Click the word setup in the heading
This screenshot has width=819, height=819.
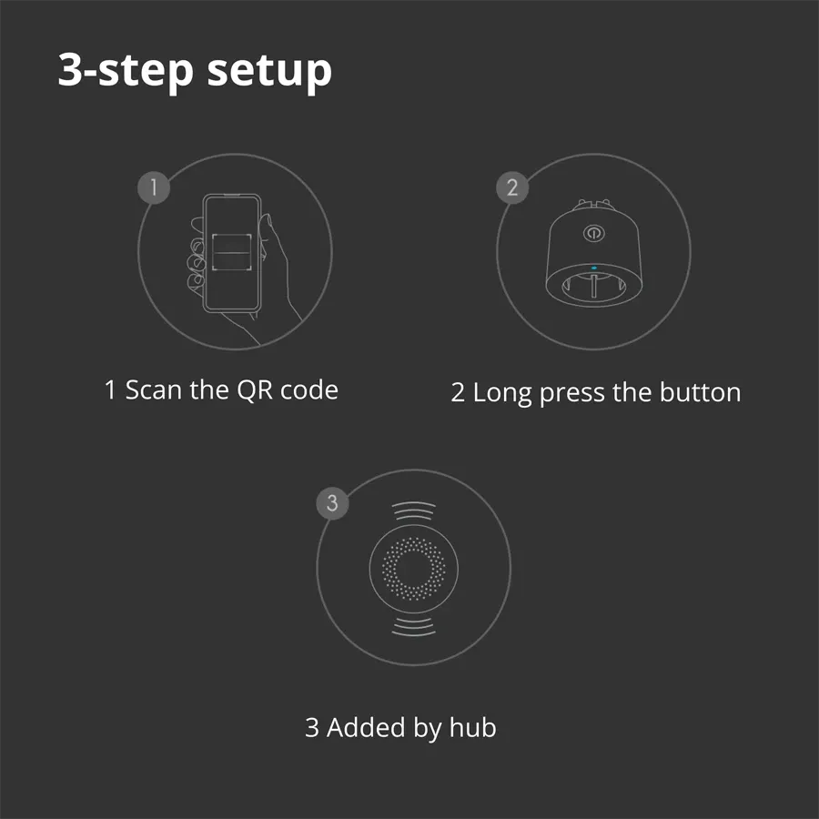tap(269, 71)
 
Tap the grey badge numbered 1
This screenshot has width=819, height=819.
tap(154, 188)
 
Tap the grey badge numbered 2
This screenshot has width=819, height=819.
tap(512, 188)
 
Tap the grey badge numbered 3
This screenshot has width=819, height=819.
tap(332, 504)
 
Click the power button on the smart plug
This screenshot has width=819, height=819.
tap(592, 233)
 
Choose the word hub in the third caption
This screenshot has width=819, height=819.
tap(472, 728)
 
